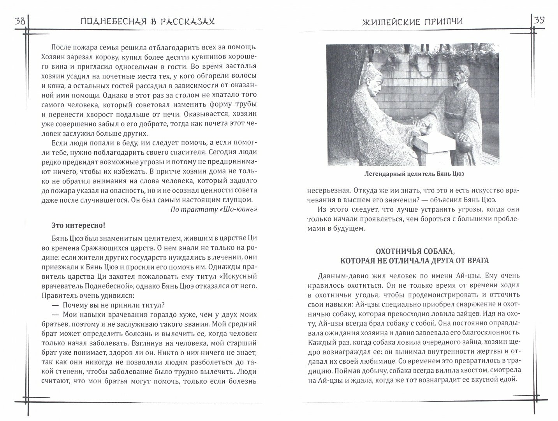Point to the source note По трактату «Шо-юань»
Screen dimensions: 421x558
click(214, 209)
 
